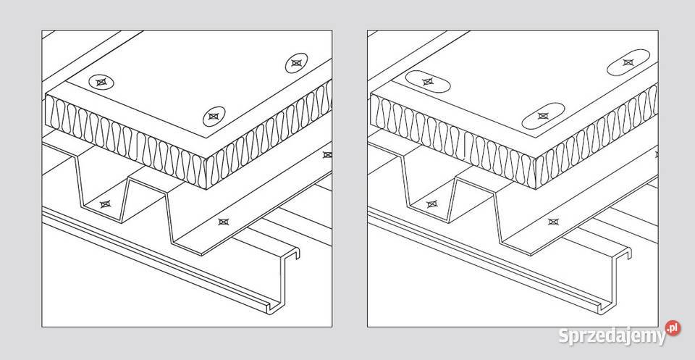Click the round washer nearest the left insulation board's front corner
click(x=214, y=116)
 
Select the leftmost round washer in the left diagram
click(x=101, y=82)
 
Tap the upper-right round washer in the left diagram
click(x=297, y=63)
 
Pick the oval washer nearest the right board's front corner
click(x=543, y=116)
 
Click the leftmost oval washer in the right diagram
click(x=428, y=82)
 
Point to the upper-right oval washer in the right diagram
click(x=628, y=62)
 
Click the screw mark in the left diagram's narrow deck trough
click(x=105, y=204)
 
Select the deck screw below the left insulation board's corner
click(x=224, y=222)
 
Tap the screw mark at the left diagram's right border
click(x=327, y=155)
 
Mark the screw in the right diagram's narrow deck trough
click(x=431, y=204)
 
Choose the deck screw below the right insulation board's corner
click(x=552, y=222)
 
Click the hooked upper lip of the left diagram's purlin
click(x=292, y=252)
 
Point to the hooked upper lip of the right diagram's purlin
click(x=623, y=252)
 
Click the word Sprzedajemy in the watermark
click(x=612, y=336)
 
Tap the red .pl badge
click(x=673, y=329)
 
